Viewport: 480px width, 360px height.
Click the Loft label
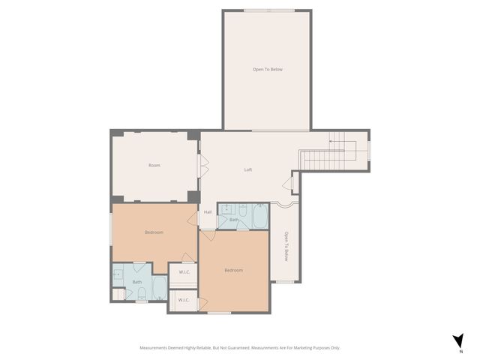click(x=248, y=169)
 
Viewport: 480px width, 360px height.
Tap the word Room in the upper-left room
click(x=154, y=165)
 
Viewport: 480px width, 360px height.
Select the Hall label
click(x=208, y=211)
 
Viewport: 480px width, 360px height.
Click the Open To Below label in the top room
click(x=268, y=69)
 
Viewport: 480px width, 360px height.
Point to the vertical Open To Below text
click(x=286, y=245)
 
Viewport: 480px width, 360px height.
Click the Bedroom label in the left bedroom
click(x=154, y=232)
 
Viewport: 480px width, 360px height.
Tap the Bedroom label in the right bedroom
click(x=233, y=270)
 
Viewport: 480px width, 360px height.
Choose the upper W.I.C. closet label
click(x=183, y=272)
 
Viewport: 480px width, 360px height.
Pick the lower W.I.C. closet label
click(x=183, y=300)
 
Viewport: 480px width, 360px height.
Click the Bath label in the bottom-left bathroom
click(x=137, y=282)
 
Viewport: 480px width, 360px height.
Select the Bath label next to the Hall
click(x=234, y=219)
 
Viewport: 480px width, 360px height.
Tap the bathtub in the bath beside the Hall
click(x=259, y=217)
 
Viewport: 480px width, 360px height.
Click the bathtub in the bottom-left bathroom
click(x=159, y=287)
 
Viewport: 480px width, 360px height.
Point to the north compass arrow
click(x=459, y=340)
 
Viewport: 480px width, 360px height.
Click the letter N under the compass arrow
click(x=461, y=351)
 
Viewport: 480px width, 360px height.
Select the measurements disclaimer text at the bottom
click(x=240, y=348)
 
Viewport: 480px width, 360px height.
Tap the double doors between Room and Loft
click(x=201, y=166)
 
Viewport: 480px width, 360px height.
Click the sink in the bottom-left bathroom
click(x=118, y=274)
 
